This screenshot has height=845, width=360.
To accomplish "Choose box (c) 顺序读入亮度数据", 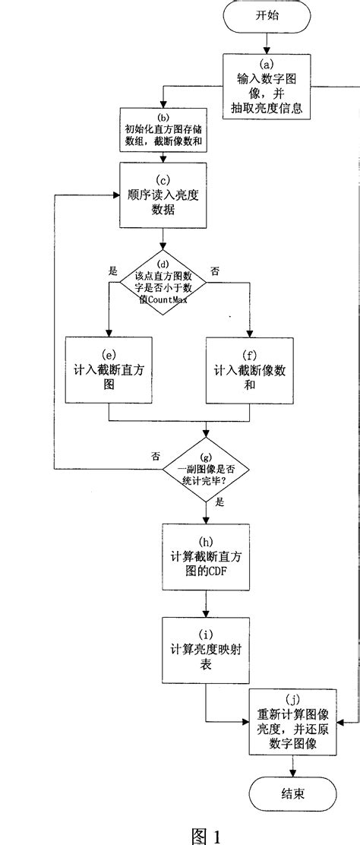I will [163, 196].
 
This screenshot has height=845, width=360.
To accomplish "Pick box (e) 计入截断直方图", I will [109, 369].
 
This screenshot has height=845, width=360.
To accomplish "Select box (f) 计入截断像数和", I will [250, 369].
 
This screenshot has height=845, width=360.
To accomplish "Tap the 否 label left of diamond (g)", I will [155, 457].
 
